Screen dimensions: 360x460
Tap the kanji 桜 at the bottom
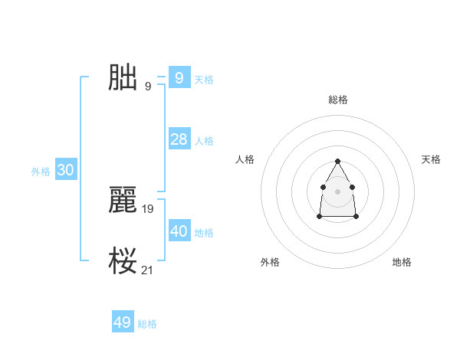point(123,261)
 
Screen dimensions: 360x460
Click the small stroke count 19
point(148,208)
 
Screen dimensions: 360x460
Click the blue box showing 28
point(179,139)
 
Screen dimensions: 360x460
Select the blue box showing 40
point(179,231)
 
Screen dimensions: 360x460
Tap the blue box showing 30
point(65,170)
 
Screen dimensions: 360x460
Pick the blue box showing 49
point(123,322)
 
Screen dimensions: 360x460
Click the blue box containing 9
point(179,77)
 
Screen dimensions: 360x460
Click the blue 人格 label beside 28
point(204,141)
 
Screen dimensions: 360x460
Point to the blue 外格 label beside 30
point(41,172)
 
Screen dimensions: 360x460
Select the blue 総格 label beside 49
point(147,325)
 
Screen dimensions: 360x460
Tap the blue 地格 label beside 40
point(204,233)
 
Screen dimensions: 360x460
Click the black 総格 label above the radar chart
point(337,100)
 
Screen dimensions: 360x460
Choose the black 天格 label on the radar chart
point(431,159)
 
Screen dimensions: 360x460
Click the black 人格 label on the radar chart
point(245,159)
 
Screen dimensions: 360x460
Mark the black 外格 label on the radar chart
point(270,262)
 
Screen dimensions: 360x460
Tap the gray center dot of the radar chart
point(337,191)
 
